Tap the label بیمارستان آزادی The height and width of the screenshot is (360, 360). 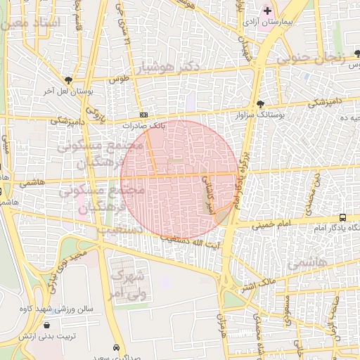[268, 22]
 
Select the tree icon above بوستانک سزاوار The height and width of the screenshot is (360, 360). [260, 103]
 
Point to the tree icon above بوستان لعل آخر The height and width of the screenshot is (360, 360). [67, 80]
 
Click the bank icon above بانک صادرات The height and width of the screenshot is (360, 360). [143, 115]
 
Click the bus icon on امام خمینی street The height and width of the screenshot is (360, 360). [342, 217]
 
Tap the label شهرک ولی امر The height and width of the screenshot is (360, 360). [127, 282]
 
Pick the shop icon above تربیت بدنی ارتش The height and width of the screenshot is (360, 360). [47, 326]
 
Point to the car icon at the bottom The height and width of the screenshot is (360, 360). [116, 347]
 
